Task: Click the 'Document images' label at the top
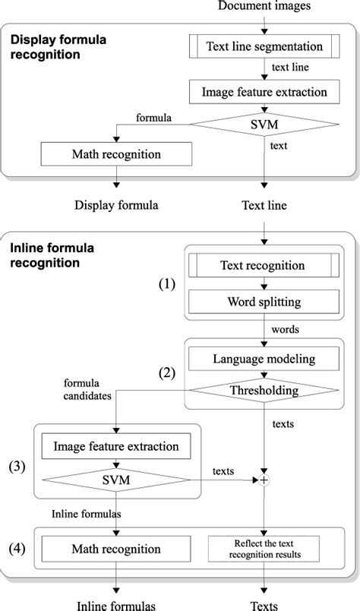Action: tap(264, 7)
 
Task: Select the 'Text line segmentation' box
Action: tap(264, 46)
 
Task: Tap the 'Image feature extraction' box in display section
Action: tap(264, 93)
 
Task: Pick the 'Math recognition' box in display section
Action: tap(116, 154)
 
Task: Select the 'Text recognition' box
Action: tap(262, 265)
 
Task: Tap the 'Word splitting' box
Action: tap(262, 302)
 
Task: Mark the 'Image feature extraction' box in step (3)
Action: tap(116, 446)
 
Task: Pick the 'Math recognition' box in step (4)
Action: tap(116, 549)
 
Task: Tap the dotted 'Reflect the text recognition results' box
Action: tap(263, 549)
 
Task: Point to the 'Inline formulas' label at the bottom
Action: tap(116, 604)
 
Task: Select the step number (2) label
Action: tap(168, 373)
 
